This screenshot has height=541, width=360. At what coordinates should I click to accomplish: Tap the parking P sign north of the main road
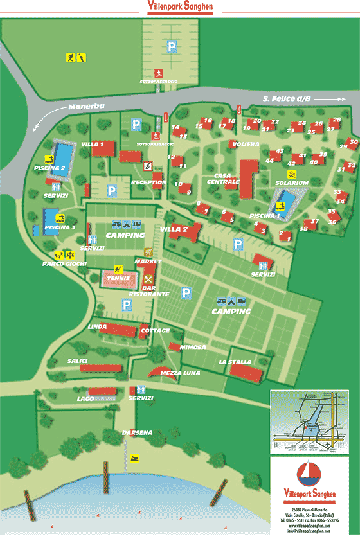[x=172, y=46]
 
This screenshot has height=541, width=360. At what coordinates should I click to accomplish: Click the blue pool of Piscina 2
[x=63, y=154]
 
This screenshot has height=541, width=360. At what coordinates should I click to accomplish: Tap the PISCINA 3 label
[x=61, y=227]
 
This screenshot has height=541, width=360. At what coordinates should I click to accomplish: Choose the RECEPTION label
[x=148, y=182]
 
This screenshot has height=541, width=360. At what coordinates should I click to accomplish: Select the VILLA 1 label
[x=93, y=145]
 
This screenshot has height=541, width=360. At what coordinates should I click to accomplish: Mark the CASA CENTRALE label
[x=223, y=179]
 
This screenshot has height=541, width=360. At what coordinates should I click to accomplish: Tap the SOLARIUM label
[x=292, y=183]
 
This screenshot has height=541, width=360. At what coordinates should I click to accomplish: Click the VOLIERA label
[x=246, y=144]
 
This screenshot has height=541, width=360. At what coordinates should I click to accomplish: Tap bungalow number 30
[x=353, y=142]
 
